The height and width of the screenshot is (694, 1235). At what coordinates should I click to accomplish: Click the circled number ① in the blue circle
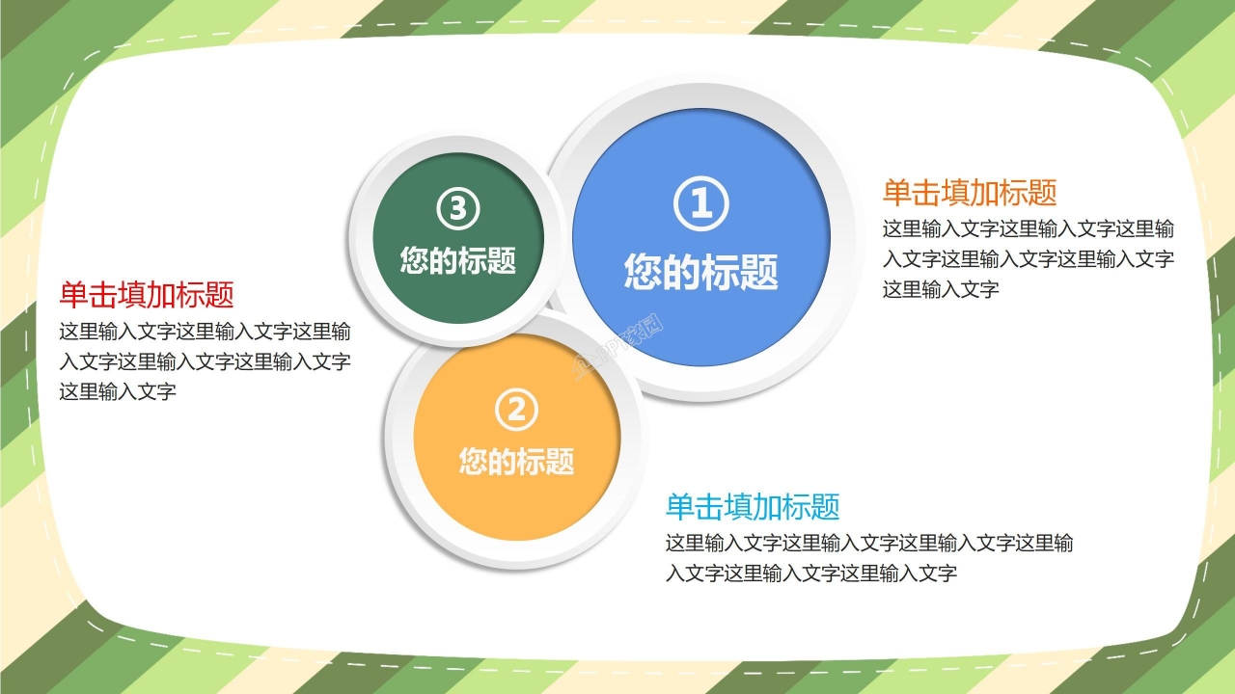[700, 204]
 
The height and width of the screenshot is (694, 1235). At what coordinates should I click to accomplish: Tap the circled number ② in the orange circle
[516, 411]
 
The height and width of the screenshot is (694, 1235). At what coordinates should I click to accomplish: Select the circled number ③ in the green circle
[458, 208]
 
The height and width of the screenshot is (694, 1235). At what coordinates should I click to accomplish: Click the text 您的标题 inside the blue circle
[700, 272]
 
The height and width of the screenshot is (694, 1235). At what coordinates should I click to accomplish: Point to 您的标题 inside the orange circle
[516, 461]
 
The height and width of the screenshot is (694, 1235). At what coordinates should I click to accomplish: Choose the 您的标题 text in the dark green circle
[458, 259]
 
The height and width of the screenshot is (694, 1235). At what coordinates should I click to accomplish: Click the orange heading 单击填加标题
[970, 193]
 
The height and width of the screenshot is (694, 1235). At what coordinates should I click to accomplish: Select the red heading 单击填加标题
[147, 294]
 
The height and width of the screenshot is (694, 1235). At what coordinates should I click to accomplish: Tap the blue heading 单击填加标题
[753, 506]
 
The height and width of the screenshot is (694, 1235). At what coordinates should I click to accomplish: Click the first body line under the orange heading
[1029, 229]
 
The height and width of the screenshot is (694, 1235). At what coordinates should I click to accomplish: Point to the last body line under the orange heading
[941, 289]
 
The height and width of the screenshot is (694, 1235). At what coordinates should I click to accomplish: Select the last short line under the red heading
[118, 392]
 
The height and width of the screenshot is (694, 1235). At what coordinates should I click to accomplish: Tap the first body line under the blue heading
[869, 544]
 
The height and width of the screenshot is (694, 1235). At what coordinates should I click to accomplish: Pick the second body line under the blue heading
[811, 574]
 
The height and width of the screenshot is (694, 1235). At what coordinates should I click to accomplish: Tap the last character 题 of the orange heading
[1043, 193]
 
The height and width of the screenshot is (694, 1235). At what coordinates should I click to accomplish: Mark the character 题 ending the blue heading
[826, 506]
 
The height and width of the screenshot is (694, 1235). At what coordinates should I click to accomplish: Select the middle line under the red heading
[205, 362]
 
